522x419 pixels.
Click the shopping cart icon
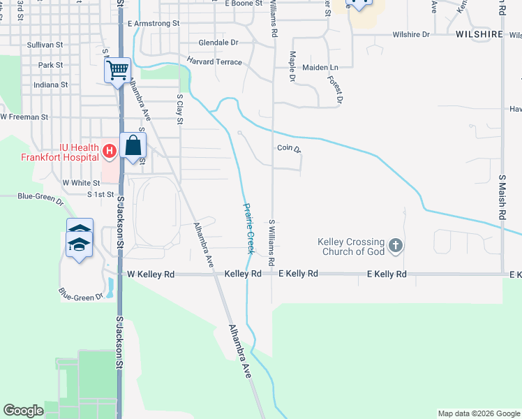(117, 69)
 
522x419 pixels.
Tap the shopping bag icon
(133, 146)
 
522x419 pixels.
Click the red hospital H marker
(110, 150)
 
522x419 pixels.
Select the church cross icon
(396, 245)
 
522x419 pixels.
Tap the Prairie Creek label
(248, 228)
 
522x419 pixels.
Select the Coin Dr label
(288, 148)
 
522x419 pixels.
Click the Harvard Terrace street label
(214, 62)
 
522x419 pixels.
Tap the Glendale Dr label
(208, 42)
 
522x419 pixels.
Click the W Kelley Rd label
(151, 275)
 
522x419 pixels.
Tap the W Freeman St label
(24, 117)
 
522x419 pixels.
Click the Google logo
(23, 411)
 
